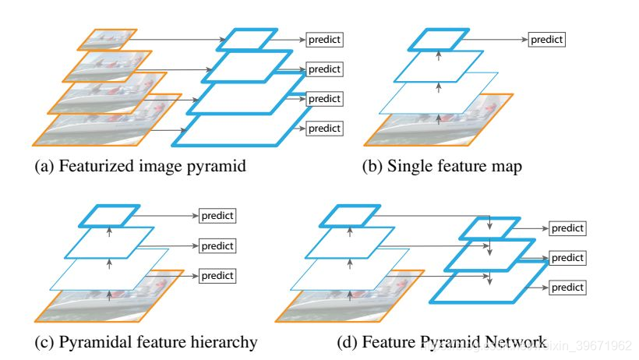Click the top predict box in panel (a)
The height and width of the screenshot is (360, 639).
pos(325,39)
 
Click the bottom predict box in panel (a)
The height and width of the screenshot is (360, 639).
pos(325,128)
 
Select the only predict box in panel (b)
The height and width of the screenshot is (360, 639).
pos(546,39)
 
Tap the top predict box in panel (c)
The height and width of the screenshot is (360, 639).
pos(217,215)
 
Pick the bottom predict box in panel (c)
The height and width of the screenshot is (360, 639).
pos(217,274)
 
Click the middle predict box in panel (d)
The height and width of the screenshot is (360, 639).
pos(567,257)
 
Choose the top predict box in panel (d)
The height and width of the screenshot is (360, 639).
pos(567,228)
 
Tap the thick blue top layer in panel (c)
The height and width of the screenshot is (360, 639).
pos(111,215)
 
